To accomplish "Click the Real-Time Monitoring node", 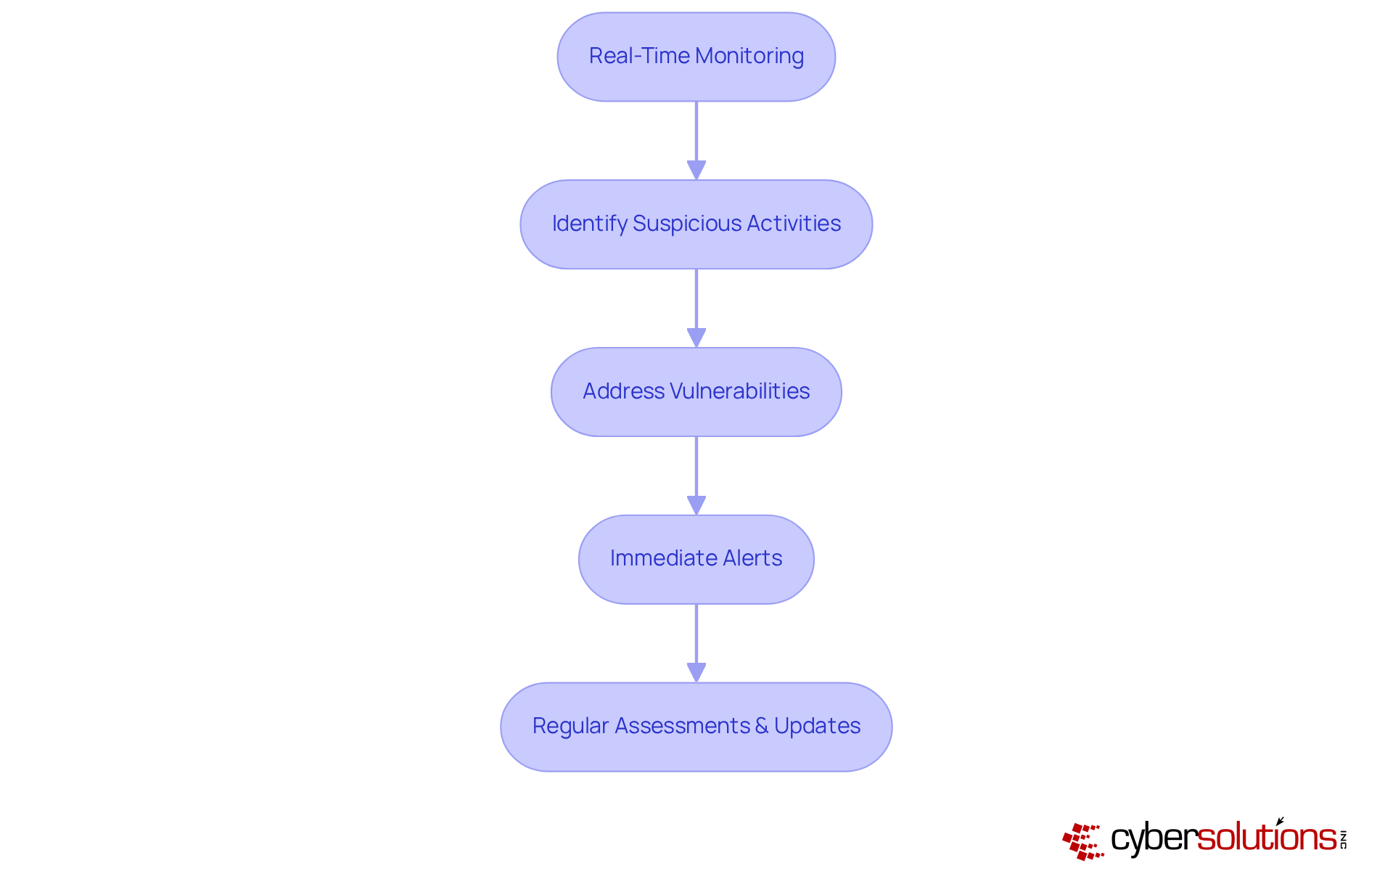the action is (x=696, y=57).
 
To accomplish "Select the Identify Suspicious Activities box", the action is (x=696, y=224).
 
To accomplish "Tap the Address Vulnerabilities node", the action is (x=696, y=392).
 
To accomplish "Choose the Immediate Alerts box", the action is (x=696, y=560).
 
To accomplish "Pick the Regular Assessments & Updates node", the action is (x=696, y=727).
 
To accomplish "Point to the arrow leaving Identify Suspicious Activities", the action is (x=696, y=308).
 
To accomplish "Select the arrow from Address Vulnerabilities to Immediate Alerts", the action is (x=696, y=475).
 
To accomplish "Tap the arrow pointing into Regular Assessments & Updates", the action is (x=696, y=643).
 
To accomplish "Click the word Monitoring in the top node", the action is (x=749, y=56).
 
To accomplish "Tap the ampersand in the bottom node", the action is (x=761, y=726).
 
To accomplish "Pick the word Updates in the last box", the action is (x=817, y=726).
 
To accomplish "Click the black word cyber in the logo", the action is (x=1154, y=838).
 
